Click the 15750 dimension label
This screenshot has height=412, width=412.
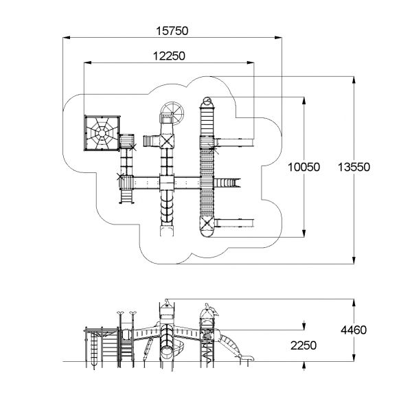coord(172,31)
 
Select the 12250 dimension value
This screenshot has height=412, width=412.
coord(169,56)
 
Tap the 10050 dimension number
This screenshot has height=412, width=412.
coord(304,167)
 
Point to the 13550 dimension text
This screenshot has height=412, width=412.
coord(354,167)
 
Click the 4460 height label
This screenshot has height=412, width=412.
coord(354,330)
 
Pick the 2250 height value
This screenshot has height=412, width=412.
coord(304,345)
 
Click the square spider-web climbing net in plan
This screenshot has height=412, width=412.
coord(102,133)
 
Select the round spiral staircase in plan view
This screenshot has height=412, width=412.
coord(172,113)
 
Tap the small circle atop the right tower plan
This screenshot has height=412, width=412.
coord(207,100)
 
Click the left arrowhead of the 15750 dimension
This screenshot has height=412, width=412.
coord(67,38)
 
